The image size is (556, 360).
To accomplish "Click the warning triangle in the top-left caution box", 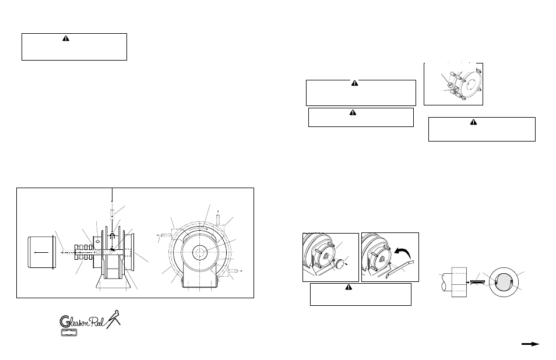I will (x=66, y=38).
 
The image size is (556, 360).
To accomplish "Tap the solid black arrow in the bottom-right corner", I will (x=530, y=344).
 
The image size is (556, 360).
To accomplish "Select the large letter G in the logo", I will (x=67, y=321).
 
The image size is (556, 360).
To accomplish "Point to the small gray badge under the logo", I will (x=71, y=333).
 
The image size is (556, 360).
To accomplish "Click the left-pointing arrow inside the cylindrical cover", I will (x=40, y=253).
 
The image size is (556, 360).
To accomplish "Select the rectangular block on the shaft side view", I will (x=459, y=282).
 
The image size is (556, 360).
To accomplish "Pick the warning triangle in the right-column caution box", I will (x=481, y=122).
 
